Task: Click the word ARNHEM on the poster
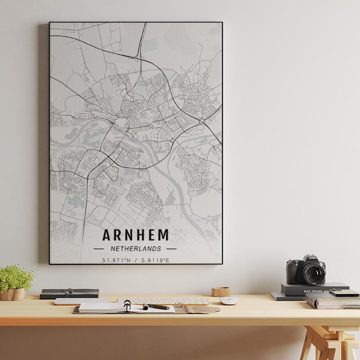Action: (136, 235)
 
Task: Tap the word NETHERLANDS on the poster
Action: (135, 248)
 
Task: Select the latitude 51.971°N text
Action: (117, 260)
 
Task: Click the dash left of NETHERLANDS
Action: (99, 248)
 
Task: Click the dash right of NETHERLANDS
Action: (171, 248)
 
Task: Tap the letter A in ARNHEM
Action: (107, 235)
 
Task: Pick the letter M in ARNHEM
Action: (163, 235)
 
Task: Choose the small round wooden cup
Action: (221, 291)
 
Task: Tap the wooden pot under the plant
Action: (13, 294)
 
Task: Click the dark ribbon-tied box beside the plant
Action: (69, 293)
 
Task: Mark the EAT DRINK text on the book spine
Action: (315, 291)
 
